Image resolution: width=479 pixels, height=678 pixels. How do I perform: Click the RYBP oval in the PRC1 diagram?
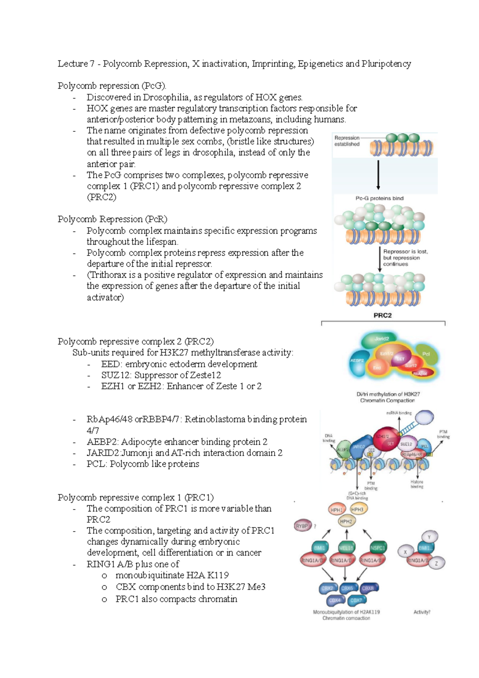coord(302,526)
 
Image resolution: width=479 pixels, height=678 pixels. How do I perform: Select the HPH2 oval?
coord(346,521)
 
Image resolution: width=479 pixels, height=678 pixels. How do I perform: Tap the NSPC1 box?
coord(377,548)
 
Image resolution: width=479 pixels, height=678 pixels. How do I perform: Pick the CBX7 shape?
coord(356,600)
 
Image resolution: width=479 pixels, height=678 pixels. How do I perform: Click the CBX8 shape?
coord(368,588)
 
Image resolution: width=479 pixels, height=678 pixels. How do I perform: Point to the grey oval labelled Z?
coord(437,563)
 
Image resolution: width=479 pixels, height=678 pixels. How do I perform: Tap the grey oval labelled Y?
coord(429,537)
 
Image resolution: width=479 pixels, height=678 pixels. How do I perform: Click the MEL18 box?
coord(346,548)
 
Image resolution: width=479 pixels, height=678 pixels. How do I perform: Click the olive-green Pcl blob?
coord(426,355)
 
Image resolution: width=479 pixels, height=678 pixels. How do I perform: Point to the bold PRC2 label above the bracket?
coord(382,315)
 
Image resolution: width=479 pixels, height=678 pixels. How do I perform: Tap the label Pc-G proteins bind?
coord(379,198)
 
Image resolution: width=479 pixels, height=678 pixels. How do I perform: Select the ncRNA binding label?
coord(399,413)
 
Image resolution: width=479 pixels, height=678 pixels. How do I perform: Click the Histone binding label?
coord(417,484)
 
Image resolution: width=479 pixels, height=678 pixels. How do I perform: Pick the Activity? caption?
coord(422,612)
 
